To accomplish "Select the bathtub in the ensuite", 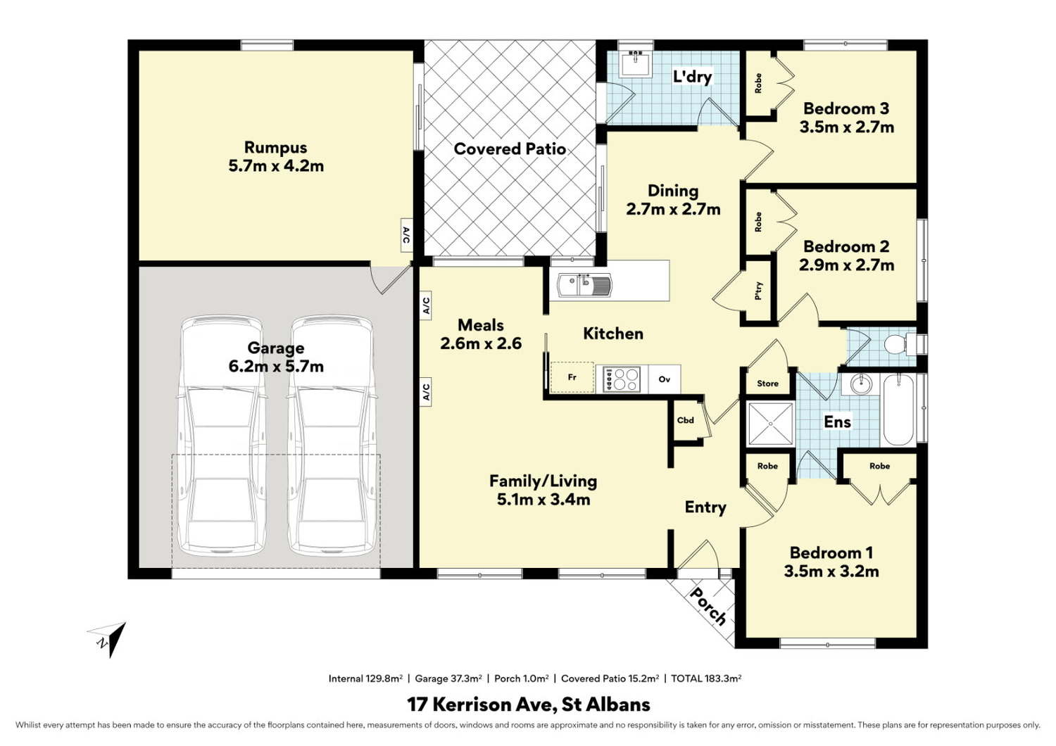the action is [898, 410].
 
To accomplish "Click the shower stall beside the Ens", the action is [770, 424].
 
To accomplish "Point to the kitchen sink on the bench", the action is [584, 285].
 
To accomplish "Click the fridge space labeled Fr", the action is [572, 377].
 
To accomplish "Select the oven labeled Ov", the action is [665, 379].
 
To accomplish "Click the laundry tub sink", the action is [636, 63].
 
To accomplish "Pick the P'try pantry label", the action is [758, 291].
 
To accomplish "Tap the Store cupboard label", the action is [767, 384].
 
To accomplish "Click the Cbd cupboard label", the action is [686, 420].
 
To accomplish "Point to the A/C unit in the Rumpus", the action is [406, 236].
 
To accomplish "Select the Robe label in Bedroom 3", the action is [758, 83].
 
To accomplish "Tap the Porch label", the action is [708, 607].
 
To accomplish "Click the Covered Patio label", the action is [510, 149].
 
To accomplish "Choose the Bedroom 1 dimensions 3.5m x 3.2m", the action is [831, 571].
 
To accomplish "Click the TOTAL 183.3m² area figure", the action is [706, 678].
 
